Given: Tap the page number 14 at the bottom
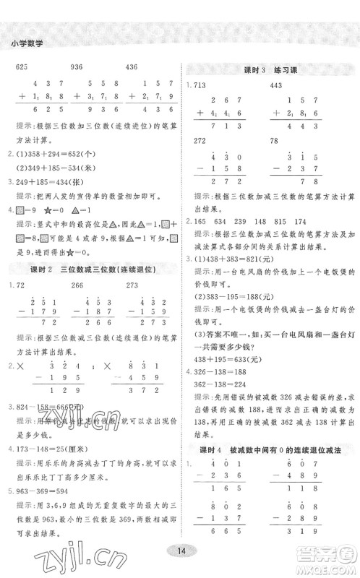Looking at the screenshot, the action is tap(180, 552).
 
